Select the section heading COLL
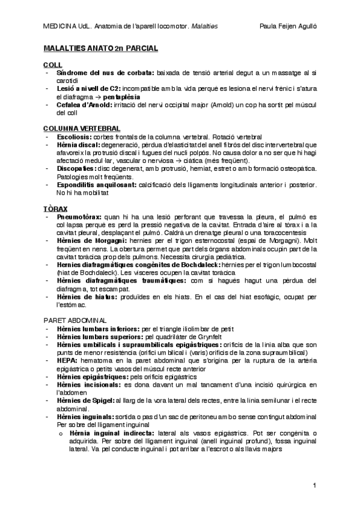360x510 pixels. [x=52, y=64]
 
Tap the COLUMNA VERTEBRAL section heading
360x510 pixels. [x=82, y=128]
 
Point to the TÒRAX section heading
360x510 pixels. [x=55, y=207]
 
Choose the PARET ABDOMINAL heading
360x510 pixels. [x=75, y=319]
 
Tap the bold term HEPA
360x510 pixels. [x=66, y=360]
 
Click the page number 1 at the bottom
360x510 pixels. [x=314, y=485]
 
